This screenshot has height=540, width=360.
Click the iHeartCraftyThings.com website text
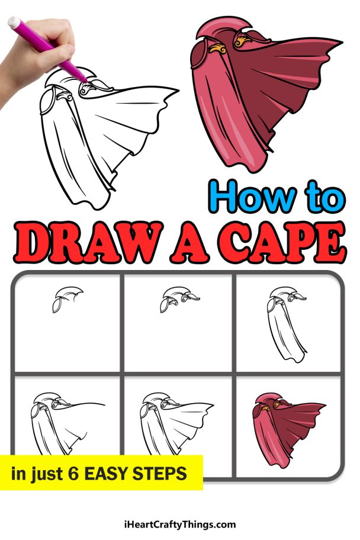[180, 524]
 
